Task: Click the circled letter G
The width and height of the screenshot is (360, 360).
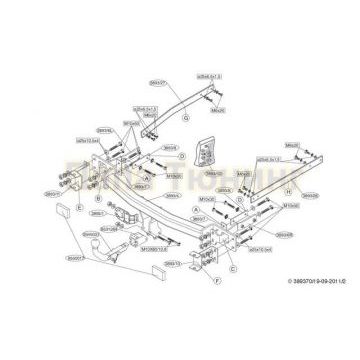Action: [x=183, y=116]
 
